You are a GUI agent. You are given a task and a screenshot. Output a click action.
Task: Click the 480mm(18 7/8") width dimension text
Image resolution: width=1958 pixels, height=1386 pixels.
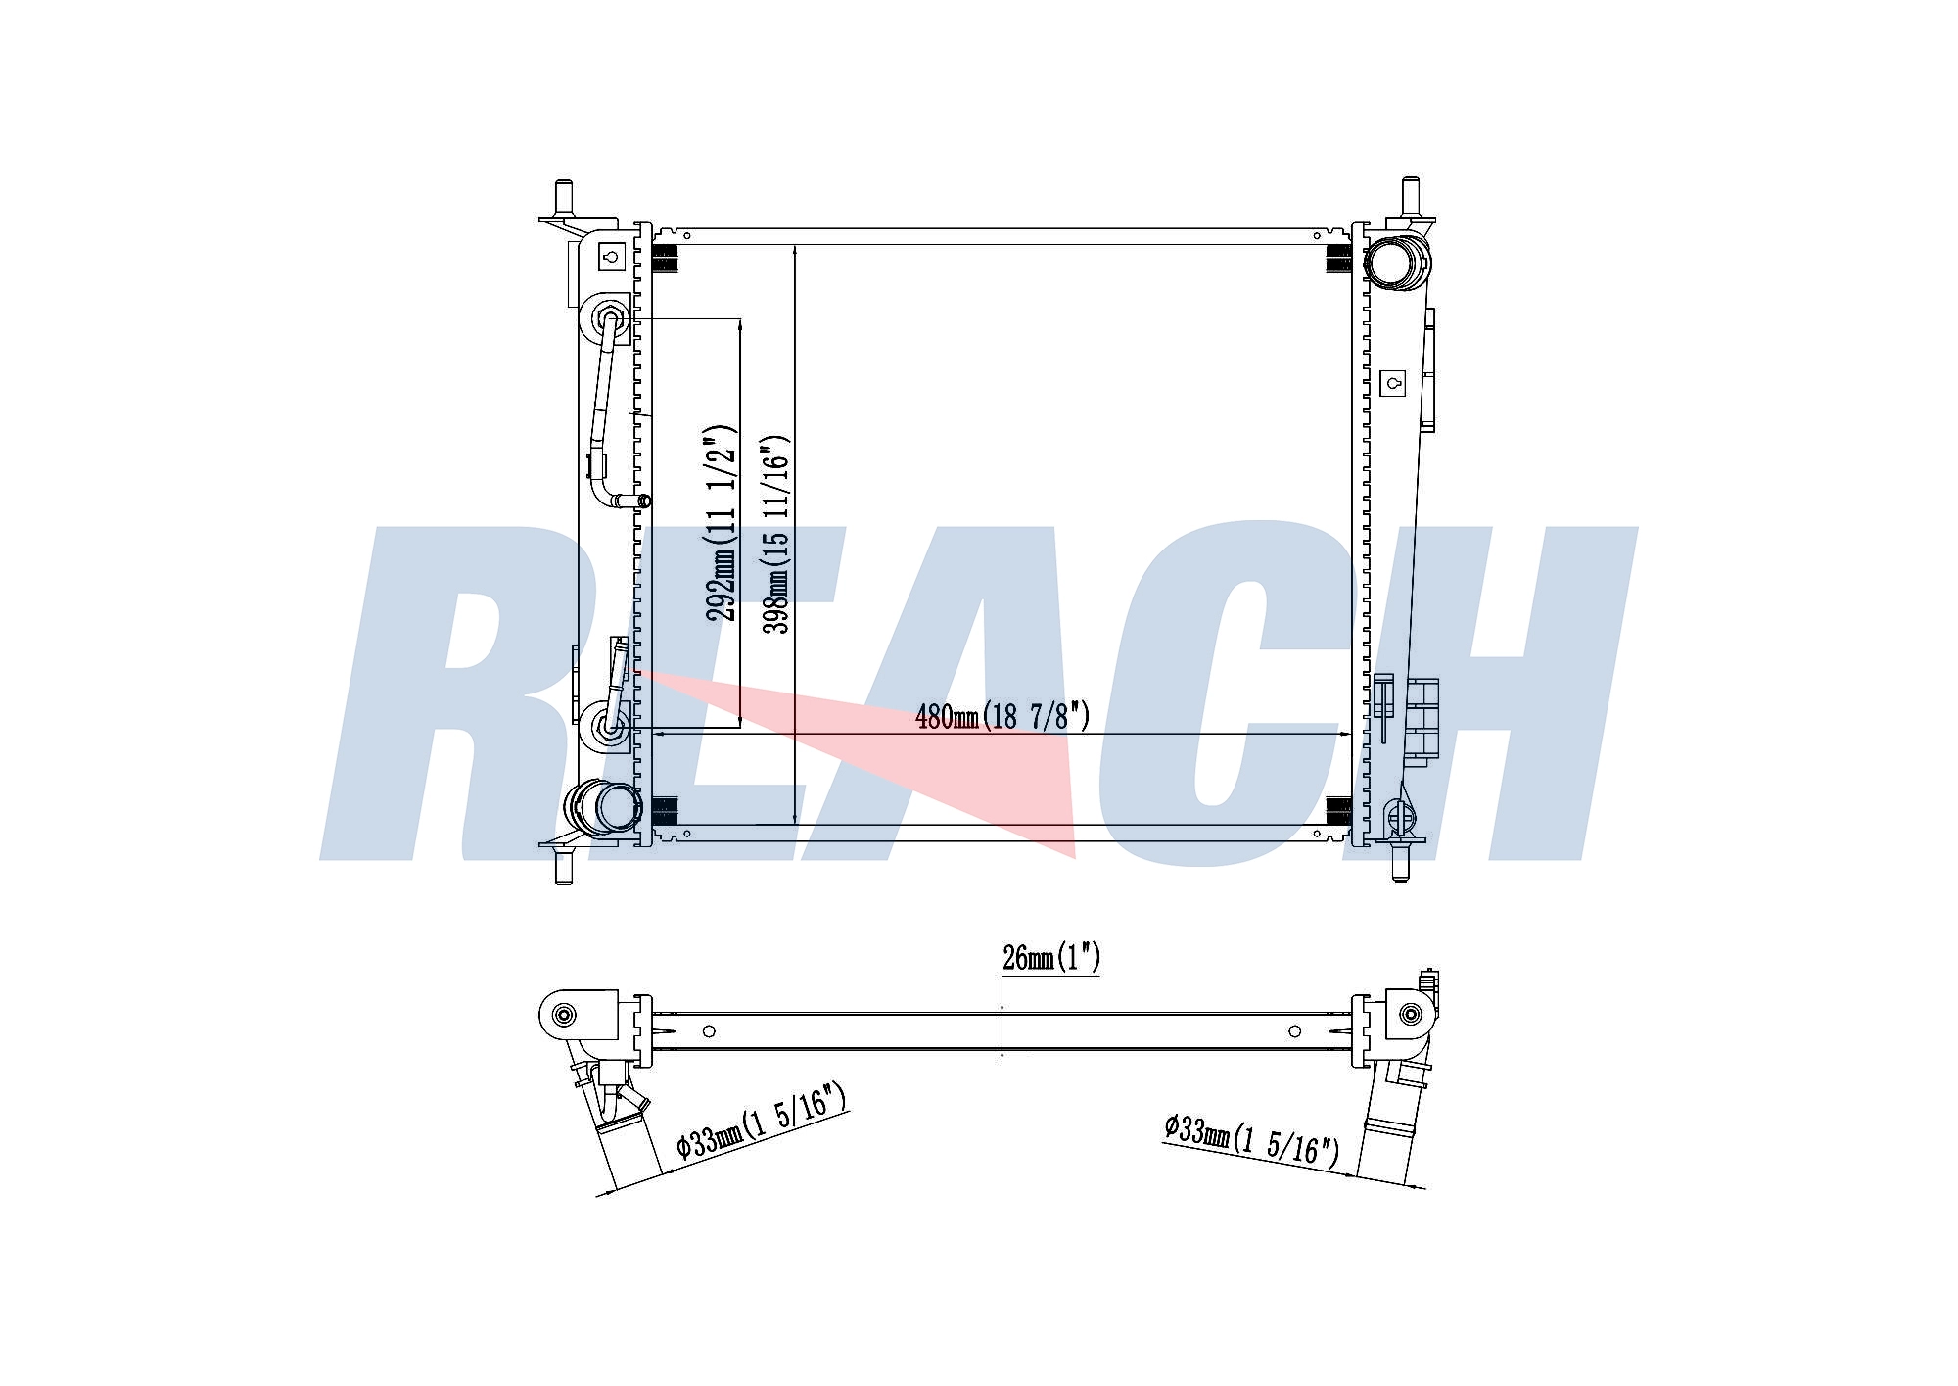[1002, 717]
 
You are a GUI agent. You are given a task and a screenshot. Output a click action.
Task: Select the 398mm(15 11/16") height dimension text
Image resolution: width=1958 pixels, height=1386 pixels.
[776, 534]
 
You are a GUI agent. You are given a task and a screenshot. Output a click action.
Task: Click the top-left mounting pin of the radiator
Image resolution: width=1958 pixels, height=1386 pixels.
[563, 200]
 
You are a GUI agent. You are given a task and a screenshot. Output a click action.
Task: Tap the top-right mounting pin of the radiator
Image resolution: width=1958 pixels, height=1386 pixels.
[1410, 198]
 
